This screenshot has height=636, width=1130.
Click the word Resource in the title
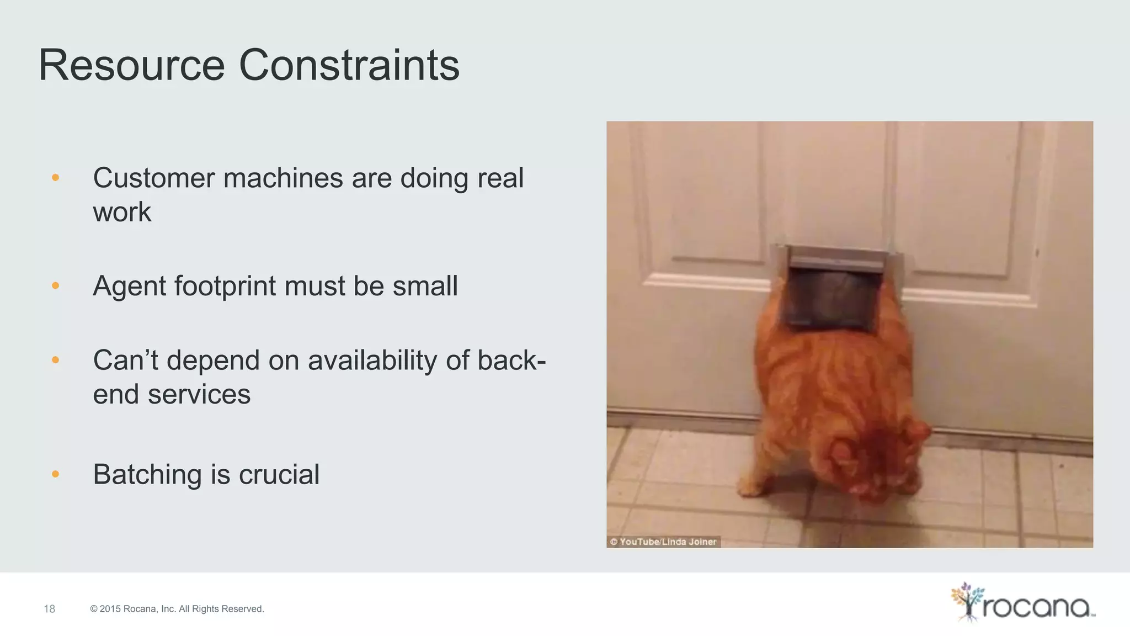click(x=131, y=65)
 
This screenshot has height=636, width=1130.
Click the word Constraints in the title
click(x=349, y=65)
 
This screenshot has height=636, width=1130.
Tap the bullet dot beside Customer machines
click(x=55, y=177)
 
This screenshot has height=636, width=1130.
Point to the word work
click(x=122, y=213)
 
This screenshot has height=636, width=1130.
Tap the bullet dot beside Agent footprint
click(x=55, y=285)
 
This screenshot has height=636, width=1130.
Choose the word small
click(x=425, y=286)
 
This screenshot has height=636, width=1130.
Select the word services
click(x=199, y=395)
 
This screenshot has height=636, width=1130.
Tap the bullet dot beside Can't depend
click(x=55, y=360)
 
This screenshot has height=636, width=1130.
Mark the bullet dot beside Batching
click(x=55, y=474)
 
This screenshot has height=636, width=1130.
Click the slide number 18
click(x=50, y=609)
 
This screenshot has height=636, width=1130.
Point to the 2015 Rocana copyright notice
click(x=177, y=609)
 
